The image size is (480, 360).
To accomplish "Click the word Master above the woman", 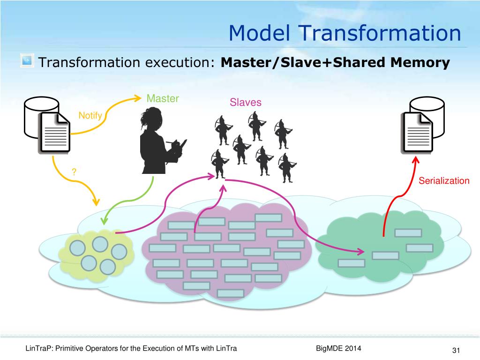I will click(x=163, y=99).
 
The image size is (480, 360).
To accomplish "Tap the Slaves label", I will click(x=245, y=103).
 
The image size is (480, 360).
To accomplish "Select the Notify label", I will click(x=90, y=115).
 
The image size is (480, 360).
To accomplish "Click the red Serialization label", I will click(x=443, y=181).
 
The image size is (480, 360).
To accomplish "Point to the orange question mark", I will click(x=74, y=172).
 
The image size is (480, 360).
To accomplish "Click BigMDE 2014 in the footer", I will click(x=339, y=348).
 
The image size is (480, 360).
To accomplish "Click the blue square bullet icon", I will click(x=27, y=61).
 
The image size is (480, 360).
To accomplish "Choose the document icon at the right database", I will click(x=417, y=132).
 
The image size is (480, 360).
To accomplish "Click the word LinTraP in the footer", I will click(x=38, y=348).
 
